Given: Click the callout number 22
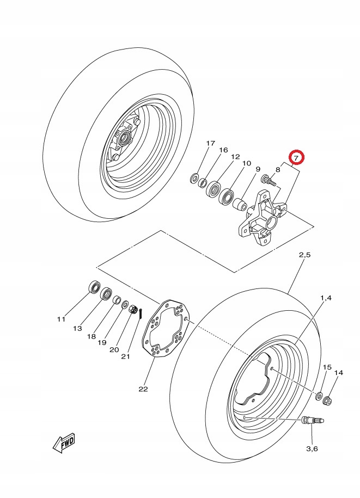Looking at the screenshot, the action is [143, 389].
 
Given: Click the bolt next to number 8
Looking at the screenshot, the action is [269, 180].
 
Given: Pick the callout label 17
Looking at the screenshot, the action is [210, 143].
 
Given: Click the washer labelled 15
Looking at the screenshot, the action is [319, 396].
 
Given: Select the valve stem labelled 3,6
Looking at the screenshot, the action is [312, 421].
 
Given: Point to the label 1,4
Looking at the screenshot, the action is [326, 298].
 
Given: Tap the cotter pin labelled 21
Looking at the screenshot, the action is [141, 312].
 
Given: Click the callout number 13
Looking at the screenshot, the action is [77, 328].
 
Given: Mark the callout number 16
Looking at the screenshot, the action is [223, 150].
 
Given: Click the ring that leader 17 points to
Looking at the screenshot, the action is [194, 178].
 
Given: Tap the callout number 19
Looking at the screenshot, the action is [102, 343].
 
